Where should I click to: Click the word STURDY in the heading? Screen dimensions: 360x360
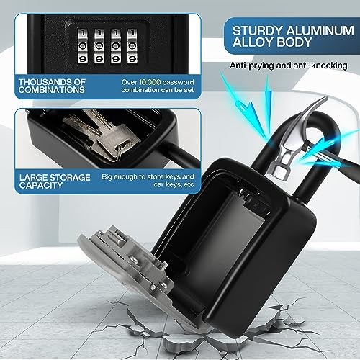click(x=258, y=31)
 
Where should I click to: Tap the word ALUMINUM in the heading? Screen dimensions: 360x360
click(x=320, y=31)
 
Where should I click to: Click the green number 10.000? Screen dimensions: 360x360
click(x=150, y=82)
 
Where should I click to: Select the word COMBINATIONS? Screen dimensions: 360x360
click(x=52, y=90)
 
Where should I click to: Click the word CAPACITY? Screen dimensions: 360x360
click(x=41, y=185)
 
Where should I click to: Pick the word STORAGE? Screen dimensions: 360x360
click(x=71, y=178)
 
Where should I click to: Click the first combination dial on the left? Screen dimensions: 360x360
click(x=82, y=45)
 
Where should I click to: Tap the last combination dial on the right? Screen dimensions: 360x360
click(x=132, y=45)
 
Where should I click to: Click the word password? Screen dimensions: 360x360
click(x=178, y=82)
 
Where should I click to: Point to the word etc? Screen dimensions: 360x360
click(x=189, y=185)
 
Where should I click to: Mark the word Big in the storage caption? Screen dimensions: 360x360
click(x=107, y=177)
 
